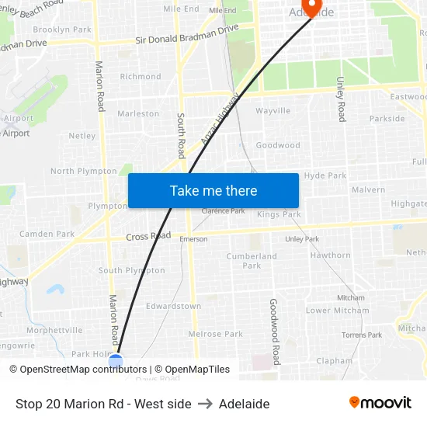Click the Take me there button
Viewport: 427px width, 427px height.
(213, 191)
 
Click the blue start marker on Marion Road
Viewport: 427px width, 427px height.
(116, 361)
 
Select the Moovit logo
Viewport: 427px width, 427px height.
(380, 402)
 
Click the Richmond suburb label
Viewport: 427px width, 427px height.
(141, 77)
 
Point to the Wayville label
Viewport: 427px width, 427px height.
(273, 111)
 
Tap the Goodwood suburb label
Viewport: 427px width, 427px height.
(278, 145)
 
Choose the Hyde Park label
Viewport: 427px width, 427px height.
(325, 175)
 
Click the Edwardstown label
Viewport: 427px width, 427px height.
(173, 306)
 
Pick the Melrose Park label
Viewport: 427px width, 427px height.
(216, 334)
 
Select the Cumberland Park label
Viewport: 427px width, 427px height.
(252, 261)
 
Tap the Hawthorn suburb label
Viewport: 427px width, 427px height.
(331, 255)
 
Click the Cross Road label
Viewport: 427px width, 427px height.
(148, 236)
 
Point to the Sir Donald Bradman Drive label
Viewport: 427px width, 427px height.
(187, 34)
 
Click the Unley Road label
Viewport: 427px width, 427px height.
(340, 99)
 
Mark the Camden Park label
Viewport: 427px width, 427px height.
(47, 234)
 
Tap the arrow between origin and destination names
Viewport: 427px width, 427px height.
(205, 404)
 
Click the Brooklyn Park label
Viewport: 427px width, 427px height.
(62, 30)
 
